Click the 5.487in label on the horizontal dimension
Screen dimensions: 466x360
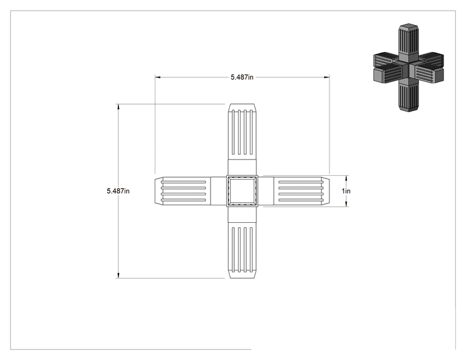(242, 77)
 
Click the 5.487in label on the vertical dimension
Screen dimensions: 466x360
(118, 191)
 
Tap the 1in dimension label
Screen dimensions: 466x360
(346, 191)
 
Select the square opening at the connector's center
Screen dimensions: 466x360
(242, 191)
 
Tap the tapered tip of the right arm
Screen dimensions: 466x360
(326, 191)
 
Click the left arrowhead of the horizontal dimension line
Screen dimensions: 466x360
(157, 77)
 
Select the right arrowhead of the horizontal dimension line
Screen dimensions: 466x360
(327, 77)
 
